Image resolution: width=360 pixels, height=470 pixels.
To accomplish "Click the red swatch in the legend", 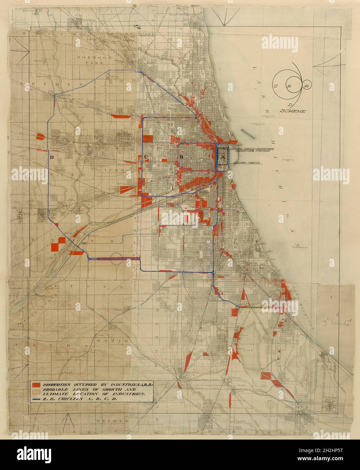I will coord(36,385).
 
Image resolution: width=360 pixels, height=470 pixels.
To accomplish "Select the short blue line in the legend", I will coord(36,399).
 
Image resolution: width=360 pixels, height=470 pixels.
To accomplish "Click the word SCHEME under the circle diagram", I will coord(293,111).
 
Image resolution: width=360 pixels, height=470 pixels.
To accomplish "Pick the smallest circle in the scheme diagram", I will coord(307,86).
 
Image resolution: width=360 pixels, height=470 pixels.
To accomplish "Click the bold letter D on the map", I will coord(52,157).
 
